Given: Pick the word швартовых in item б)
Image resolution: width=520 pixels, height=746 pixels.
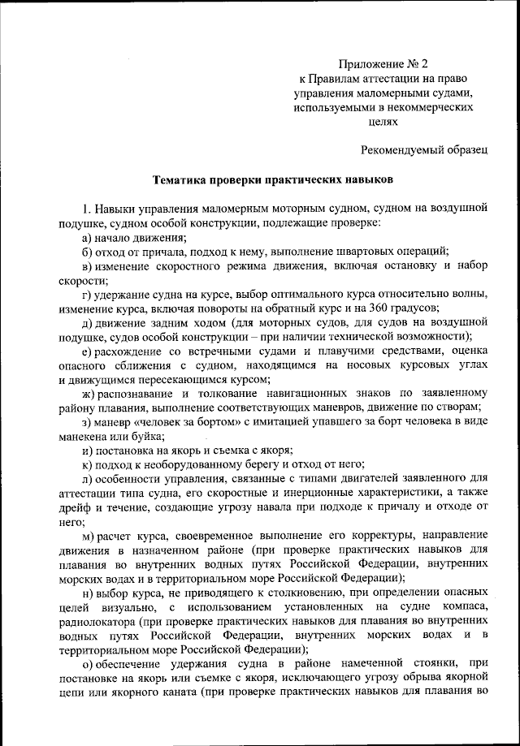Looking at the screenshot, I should [370, 252].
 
